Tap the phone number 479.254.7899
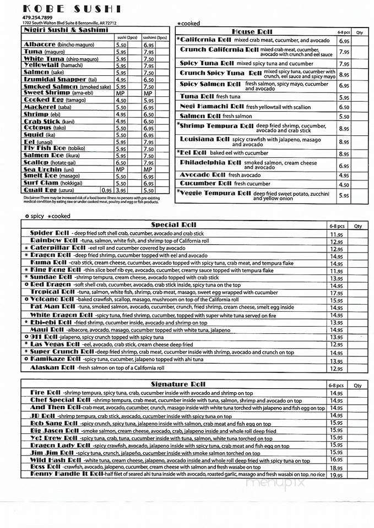point(38,18)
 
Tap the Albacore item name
point(41,45)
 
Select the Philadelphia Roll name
point(211,163)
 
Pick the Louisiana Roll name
point(205,139)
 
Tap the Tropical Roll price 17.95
point(337,293)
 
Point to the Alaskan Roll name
point(52,367)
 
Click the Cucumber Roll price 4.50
point(344,185)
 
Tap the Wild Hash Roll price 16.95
point(337,459)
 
